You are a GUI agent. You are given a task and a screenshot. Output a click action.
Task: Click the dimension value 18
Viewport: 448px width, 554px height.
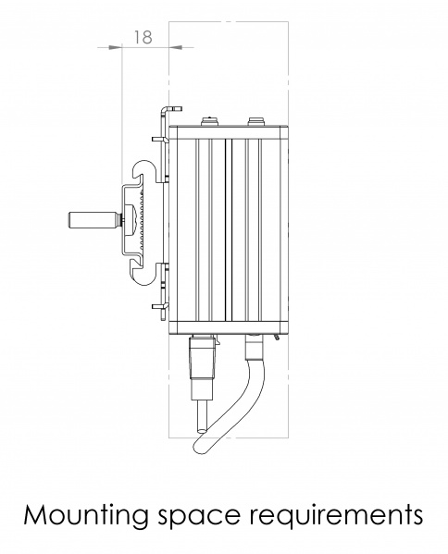[143, 37]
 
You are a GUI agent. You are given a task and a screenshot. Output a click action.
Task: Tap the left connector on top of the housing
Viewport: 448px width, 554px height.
[208, 120]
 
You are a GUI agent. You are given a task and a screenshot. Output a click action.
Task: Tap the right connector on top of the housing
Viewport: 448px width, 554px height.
[256, 120]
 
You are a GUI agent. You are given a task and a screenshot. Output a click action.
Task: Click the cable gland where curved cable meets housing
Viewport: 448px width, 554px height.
[252, 347]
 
